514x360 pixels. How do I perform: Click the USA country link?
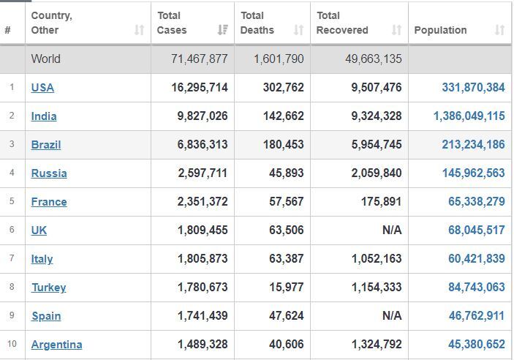pos(42,88)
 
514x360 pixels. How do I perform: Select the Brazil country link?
pos(46,145)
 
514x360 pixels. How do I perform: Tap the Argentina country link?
pos(57,345)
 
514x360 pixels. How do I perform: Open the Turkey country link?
pos(49,288)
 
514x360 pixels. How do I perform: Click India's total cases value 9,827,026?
pos(203,116)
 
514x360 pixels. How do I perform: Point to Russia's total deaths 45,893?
pos(287,173)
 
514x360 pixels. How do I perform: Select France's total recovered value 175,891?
pos(381,201)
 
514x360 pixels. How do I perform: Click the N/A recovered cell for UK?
pos(392,230)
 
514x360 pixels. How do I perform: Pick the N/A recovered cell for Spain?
pos(392,315)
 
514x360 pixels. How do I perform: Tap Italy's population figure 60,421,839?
pos(477,258)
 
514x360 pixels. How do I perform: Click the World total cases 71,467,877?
pos(200,59)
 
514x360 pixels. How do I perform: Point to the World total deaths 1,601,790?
pos(279,59)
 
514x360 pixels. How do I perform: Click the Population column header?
pos(440,30)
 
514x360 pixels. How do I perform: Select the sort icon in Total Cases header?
pos(223,30)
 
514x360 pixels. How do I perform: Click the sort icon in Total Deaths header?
pos(298,30)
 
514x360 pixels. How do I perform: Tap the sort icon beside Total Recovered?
pos(396,30)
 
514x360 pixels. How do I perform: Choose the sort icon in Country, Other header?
pos(140,30)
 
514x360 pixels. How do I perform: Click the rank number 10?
pos(12,344)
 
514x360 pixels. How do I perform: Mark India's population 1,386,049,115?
pos(469,116)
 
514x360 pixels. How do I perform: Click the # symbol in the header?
pos(7,30)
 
